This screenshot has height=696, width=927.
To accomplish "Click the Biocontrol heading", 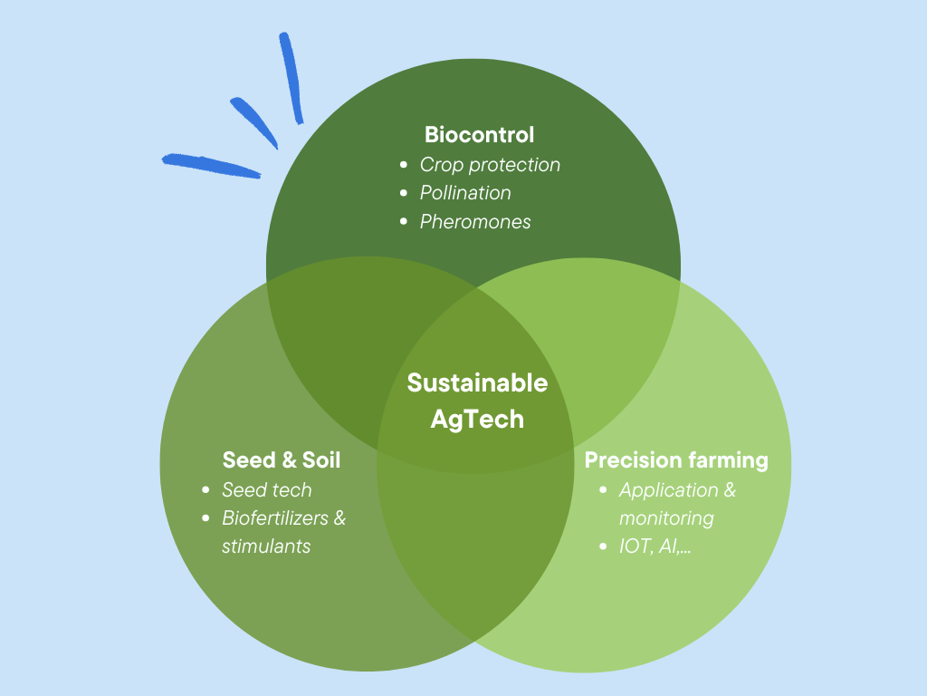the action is [x=479, y=135].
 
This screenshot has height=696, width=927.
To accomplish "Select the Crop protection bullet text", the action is [x=490, y=165].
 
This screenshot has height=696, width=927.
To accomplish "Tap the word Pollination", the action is [x=465, y=193].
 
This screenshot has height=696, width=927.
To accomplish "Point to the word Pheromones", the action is [x=475, y=221].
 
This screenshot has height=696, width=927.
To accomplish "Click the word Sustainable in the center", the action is [x=477, y=382].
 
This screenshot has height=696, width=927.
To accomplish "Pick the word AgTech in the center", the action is [x=477, y=420].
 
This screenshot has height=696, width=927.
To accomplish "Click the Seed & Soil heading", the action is [x=282, y=459].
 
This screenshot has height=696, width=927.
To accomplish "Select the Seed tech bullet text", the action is [x=266, y=490].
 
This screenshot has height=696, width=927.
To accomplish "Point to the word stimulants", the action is [x=266, y=546].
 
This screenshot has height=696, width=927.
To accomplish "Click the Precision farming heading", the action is [x=676, y=459].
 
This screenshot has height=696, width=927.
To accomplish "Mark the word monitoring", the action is [x=666, y=518].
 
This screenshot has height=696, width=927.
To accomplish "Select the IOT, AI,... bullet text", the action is [x=655, y=547].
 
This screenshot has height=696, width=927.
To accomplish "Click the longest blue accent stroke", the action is [x=210, y=165].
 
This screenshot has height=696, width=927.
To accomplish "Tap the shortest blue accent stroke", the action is [x=254, y=121].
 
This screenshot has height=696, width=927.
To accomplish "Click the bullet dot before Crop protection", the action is [x=404, y=165].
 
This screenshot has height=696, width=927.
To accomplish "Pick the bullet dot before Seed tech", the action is [x=205, y=490].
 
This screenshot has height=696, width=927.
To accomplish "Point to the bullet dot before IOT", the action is [x=604, y=547].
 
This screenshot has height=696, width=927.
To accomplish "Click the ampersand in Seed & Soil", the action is [x=284, y=459].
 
